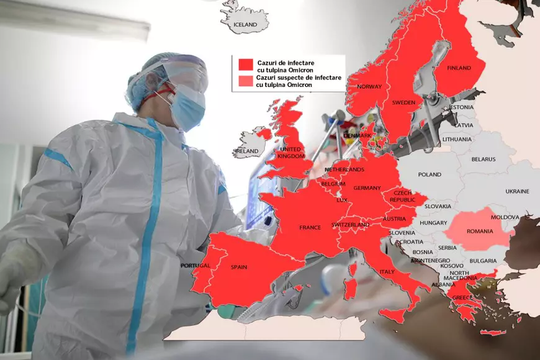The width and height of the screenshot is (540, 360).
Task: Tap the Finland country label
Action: pyautogui.click(x=458, y=68)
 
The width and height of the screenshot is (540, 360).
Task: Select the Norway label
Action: pyautogui.click(x=369, y=87)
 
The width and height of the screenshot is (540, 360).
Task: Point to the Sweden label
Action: pyautogui.click(x=404, y=102)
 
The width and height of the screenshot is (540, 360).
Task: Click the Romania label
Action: pyautogui.click(x=479, y=231)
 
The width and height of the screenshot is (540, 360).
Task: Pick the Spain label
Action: pyautogui.click(x=239, y=267)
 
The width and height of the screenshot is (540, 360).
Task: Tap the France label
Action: pyautogui.click(x=310, y=227)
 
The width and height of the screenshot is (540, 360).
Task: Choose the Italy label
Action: pyautogui.click(x=387, y=272)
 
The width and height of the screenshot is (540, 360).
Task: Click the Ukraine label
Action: pyautogui.click(x=517, y=191)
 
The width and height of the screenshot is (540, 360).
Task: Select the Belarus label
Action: pyautogui.click(x=484, y=159)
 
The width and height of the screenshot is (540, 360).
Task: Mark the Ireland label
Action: pyautogui.click(x=246, y=151)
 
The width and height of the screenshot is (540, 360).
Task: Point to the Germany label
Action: pyautogui.click(x=366, y=187)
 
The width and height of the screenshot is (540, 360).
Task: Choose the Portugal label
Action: pyautogui.click(x=196, y=266)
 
